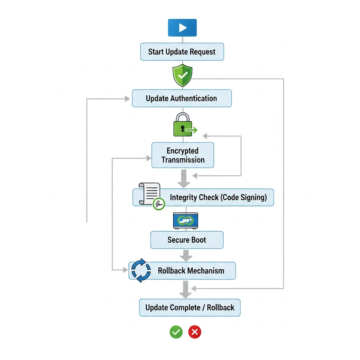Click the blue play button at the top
click(x=182, y=28)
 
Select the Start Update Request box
click(x=182, y=52)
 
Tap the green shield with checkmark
click(x=182, y=75)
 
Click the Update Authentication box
click(x=182, y=98)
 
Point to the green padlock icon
click(x=182, y=125)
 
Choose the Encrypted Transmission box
click(x=182, y=155)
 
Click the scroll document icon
click(x=149, y=194)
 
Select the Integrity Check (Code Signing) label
click(x=218, y=197)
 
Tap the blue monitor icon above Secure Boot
click(x=186, y=221)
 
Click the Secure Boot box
click(x=187, y=240)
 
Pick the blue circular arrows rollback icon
click(x=141, y=270)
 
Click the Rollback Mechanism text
click(x=191, y=271)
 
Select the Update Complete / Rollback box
click(x=190, y=308)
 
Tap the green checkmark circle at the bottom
click(x=176, y=332)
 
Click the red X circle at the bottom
click(x=195, y=332)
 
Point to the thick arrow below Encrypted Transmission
click(x=183, y=179)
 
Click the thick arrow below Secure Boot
click(x=186, y=255)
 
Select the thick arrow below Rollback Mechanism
click(x=185, y=289)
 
